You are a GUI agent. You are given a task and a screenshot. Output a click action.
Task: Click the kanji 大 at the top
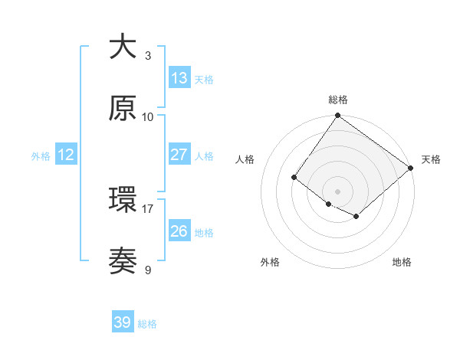pos(123,47)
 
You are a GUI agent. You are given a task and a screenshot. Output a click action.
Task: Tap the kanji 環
pos(123,200)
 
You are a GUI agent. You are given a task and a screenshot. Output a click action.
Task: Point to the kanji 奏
pos(123,261)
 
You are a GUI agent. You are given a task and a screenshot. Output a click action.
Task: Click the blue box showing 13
pos(179,78)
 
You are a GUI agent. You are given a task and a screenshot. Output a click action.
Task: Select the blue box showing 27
pos(179,154)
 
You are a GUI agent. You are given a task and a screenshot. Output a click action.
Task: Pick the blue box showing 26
pos(179,231)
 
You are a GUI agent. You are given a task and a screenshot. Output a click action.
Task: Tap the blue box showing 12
pos(65,155)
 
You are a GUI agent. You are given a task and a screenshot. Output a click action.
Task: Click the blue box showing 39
pos(122,322)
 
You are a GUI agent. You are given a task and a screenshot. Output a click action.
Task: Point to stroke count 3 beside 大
pos(148,55)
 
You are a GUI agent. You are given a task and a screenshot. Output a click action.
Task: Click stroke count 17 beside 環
pos(147,208)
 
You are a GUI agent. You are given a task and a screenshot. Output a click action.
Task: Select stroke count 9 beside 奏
pos(148,270)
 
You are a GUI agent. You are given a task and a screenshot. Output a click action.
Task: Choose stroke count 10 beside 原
pos(147,116)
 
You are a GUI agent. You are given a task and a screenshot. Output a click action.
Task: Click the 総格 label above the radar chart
pos(337,100)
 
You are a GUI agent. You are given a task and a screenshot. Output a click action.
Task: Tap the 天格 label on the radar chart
pos(431,159)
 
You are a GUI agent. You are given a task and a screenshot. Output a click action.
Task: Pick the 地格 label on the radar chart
pos(402,262)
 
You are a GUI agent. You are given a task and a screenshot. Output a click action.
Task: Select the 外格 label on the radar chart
pos(270,262)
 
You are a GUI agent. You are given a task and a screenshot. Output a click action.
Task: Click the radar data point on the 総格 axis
pos(337,116)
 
